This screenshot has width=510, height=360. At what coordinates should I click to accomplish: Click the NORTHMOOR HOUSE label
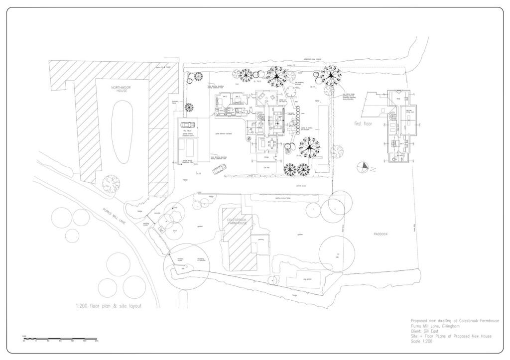(x=119, y=89)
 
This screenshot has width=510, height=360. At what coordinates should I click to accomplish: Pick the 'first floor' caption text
(x=364, y=123)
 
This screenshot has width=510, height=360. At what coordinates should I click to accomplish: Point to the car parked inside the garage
(x=188, y=125)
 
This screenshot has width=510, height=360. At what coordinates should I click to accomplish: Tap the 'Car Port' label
(x=266, y=168)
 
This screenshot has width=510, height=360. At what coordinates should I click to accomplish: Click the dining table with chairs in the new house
(x=271, y=144)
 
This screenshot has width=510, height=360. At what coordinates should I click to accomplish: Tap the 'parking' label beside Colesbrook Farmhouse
(x=260, y=240)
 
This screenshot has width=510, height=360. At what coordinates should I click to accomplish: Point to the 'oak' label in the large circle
(x=337, y=257)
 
